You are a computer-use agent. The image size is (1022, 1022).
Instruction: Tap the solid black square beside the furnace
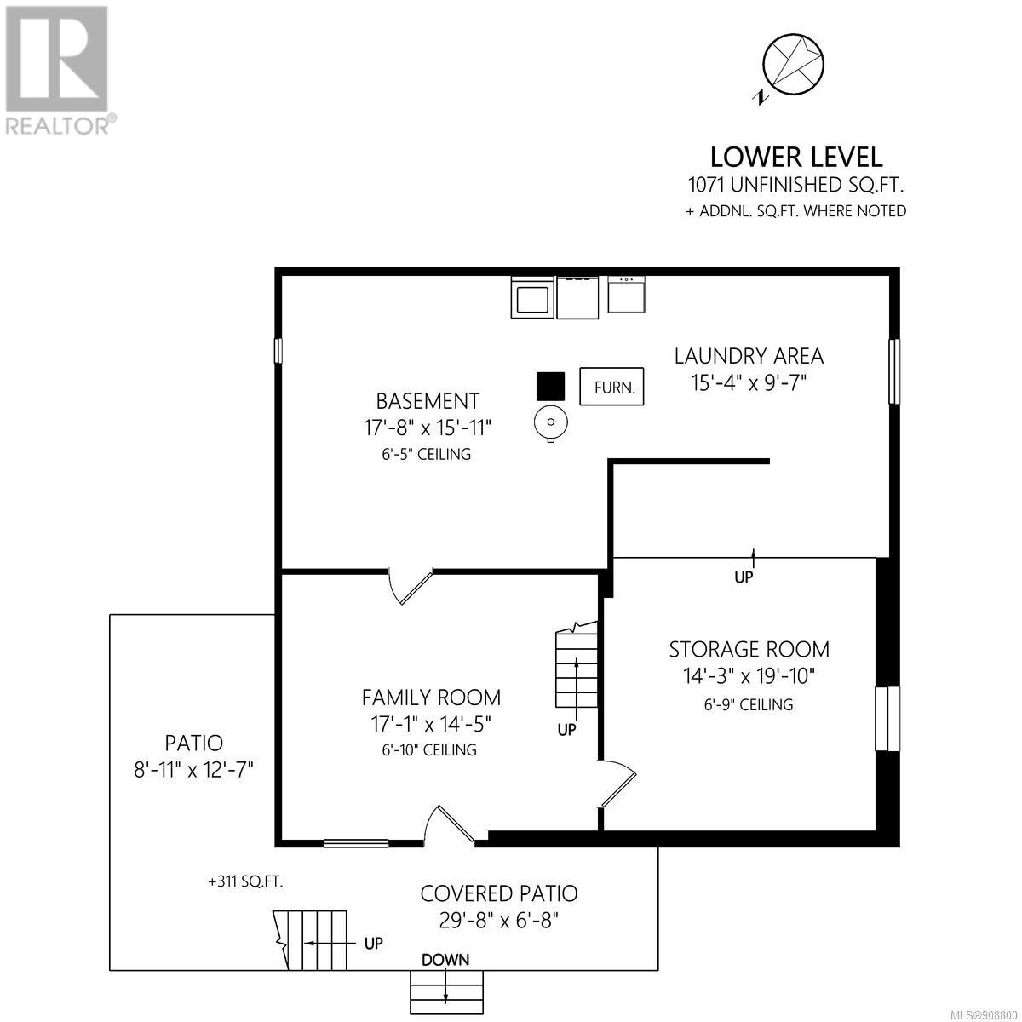point(550,386)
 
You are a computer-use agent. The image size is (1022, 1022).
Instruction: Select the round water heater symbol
point(550,422)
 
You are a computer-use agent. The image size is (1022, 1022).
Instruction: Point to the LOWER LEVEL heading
point(796,157)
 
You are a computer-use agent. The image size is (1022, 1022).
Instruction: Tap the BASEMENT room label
point(428,401)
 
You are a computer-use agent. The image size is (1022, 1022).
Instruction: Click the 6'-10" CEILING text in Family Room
point(429,749)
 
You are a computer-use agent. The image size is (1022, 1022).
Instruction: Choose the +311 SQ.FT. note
point(245,881)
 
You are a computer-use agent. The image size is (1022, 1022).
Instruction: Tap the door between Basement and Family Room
point(411,586)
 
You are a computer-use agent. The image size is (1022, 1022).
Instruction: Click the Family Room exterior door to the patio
point(449,826)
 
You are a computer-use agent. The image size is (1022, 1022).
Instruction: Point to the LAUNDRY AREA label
point(749,356)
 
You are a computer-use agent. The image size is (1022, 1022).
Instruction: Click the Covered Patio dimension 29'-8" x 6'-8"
point(499,920)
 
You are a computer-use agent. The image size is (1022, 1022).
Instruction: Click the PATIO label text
point(193,743)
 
